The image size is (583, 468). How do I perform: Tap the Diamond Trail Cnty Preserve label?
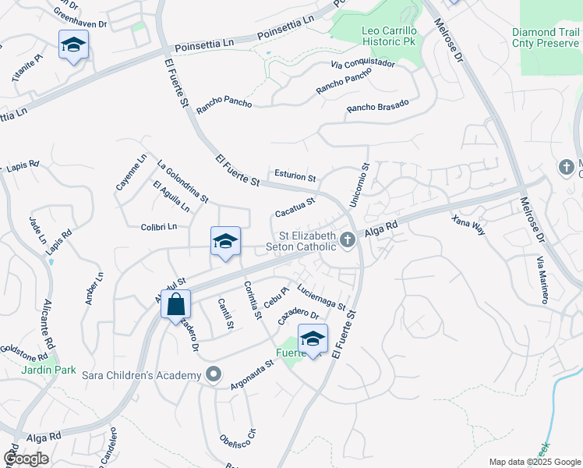[x=546, y=38]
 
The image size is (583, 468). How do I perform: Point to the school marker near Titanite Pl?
[x=73, y=45]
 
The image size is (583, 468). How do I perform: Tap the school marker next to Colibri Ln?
[x=225, y=242]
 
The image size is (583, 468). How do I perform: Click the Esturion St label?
[x=295, y=176]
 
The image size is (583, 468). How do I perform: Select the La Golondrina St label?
[x=182, y=182]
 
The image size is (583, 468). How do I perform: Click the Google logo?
[x=26, y=459]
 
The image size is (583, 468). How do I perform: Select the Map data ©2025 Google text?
[x=535, y=461]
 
